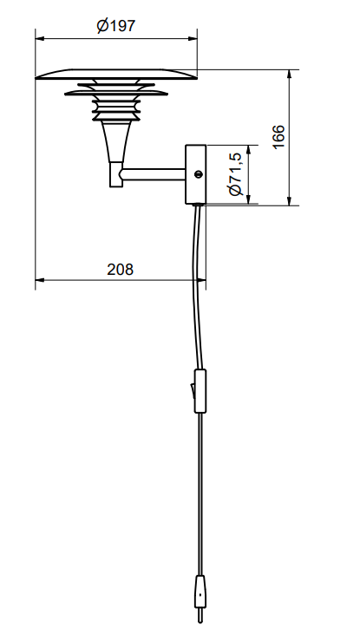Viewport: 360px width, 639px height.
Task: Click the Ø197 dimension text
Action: tap(116, 26)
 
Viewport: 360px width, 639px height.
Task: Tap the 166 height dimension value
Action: tap(278, 137)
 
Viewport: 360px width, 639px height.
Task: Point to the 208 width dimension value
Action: tap(120, 269)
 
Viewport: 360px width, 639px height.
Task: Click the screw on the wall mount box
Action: tap(198, 174)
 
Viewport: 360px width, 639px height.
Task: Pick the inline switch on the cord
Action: tap(201, 390)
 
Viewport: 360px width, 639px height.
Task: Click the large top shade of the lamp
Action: tap(116, 75)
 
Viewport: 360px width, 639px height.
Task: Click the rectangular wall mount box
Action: tap(194, 174)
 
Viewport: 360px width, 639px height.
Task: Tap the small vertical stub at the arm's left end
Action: tap(115, 177)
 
